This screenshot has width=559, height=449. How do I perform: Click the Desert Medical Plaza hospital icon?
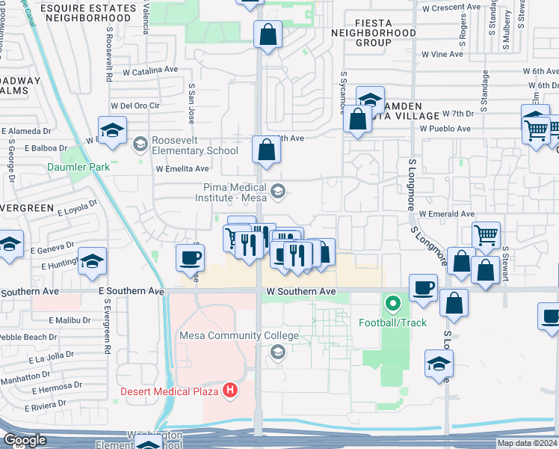point(231,391)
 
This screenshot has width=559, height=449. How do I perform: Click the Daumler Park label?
point(79,167)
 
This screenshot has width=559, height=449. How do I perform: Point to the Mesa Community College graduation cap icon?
point(278,352)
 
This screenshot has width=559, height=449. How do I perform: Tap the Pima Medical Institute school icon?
point(278,192)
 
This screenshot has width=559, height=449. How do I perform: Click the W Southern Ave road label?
point(297,291)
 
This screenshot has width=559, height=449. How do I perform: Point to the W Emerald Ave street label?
point(446,213)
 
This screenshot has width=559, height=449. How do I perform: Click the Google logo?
point(25,441)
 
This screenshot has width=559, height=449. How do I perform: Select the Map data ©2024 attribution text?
point(526,443)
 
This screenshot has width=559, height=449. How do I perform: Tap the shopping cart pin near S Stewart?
point(487,235)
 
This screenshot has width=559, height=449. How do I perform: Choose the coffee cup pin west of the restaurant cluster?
point(190,257)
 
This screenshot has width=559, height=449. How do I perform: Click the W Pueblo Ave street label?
point(445,129)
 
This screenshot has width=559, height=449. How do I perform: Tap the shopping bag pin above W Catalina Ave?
point(267,34)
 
